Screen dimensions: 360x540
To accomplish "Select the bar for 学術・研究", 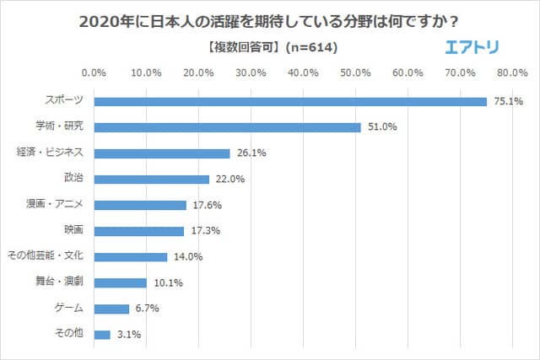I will [x=228, y=128].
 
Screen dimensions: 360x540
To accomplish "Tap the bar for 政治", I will [x=152, y=180].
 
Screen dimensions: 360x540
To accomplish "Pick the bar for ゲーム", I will [x=112, y=309].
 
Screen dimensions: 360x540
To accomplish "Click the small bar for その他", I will [x=103, y=335].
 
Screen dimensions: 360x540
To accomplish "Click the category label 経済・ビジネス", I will [x=51, y=153].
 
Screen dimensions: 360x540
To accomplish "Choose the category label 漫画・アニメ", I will [x=56, y=204].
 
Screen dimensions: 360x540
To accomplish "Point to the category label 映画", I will [x=73, y=230].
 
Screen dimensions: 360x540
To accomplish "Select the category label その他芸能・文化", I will [x=46, y=256].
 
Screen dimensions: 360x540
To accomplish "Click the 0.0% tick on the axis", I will [x=94, y=73].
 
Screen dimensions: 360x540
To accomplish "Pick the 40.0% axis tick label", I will [x=304, y=73].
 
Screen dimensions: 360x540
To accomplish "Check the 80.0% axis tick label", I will [x=511, y=73].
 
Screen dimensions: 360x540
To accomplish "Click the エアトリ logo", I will [x=473, y=47].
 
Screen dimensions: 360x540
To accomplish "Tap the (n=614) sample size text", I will [x=310, y=49].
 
